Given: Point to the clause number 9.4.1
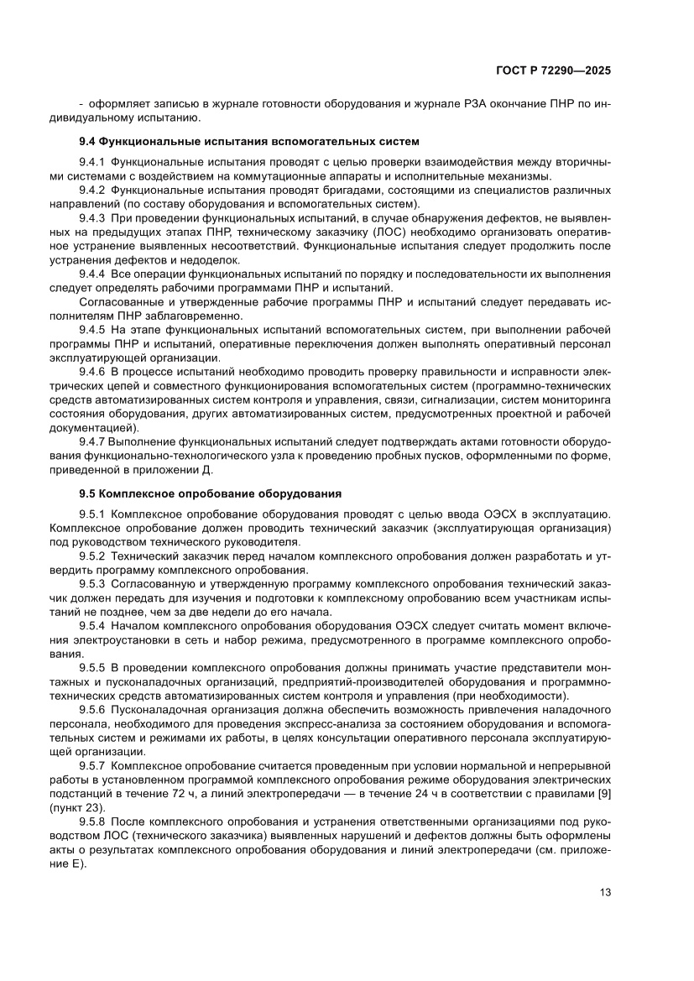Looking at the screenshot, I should [x=91, y=161].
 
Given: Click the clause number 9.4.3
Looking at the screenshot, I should [x=91, y=217].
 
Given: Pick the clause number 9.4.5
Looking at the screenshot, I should [x=91, y=330].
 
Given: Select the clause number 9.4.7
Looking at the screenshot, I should [x=91, y=442].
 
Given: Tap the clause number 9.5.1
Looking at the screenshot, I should [x=91, y=514].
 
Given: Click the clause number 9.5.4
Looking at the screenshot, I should [x=91, y=626].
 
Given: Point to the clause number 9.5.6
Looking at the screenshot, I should [x=91, y=710].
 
